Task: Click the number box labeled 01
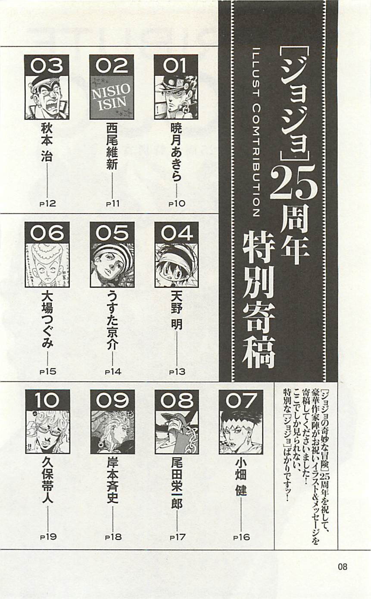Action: (176, 65)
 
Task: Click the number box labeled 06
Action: (47, 233)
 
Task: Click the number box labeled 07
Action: (241, 401)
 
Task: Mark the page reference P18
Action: (113, 537)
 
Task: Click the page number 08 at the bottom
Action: (343, 567)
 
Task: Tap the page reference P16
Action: (241, 537)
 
